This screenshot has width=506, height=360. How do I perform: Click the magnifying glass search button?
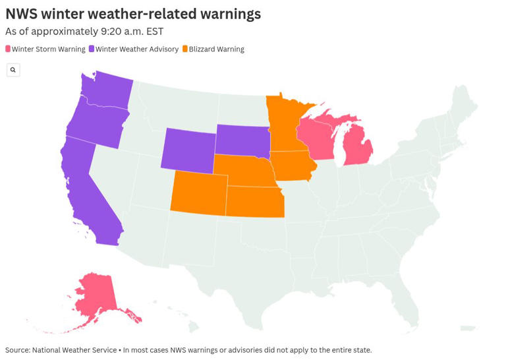[13, 70]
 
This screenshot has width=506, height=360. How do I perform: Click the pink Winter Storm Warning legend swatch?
[8, 49]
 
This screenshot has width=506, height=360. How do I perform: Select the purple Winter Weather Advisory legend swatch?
[92, 49]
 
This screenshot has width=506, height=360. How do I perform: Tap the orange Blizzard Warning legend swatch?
[185, 49]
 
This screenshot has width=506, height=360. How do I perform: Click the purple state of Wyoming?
[188, 148]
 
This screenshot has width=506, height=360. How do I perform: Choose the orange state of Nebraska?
[247, 171]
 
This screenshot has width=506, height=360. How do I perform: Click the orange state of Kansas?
[256, 202]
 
